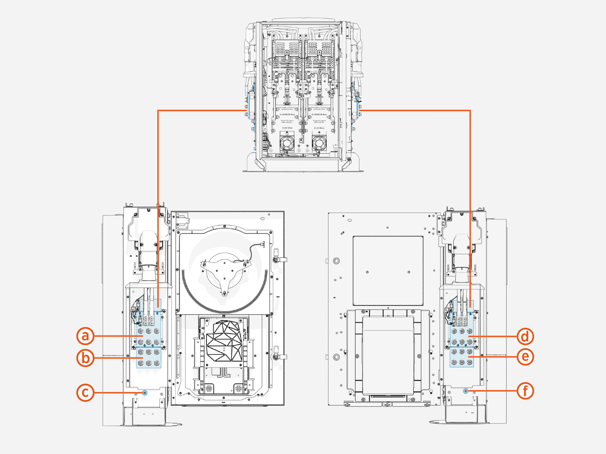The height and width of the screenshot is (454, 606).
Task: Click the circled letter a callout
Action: click(86, 336)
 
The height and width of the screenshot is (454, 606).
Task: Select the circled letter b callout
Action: click(86, 358)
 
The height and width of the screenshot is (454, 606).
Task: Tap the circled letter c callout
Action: click(86, 393)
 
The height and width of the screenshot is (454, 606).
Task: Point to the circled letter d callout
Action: click(525, 336)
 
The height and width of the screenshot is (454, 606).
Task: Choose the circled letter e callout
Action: click(525, 356)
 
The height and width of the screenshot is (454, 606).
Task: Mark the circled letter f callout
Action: click(525, 390)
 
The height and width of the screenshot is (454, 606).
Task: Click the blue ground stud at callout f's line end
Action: click(466, 391)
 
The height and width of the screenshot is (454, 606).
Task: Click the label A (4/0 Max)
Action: click(287, 128)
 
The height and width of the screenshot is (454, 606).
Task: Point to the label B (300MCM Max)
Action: click(319, 114)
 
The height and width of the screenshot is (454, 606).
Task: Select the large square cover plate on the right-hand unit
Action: click(388, 271)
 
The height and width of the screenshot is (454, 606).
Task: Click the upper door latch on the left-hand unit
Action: click(280, 259)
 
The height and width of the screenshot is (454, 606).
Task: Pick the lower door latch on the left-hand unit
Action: click(280, 357)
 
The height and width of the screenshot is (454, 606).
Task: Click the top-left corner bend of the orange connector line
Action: click(158, 110)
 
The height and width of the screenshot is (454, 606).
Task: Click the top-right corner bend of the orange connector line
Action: click(470, 110)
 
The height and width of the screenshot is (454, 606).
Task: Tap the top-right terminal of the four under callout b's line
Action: click(157, 352)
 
